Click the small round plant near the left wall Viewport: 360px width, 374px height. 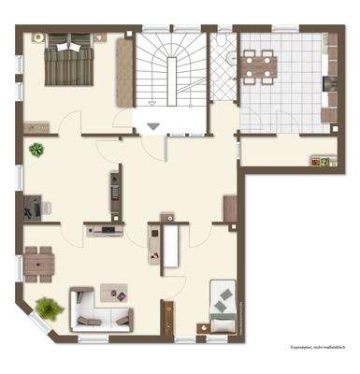(x=36, y=149)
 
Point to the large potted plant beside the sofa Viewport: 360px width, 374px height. (x=47, y=307)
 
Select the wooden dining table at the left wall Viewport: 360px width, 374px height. (x=38, y=262)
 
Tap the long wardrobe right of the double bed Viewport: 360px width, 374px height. (x=122, y=73)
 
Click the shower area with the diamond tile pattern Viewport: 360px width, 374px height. (x=223, y=68)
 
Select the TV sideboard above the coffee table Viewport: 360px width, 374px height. (x=105, y=229)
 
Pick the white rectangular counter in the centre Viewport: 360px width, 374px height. (x=170, y=245)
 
